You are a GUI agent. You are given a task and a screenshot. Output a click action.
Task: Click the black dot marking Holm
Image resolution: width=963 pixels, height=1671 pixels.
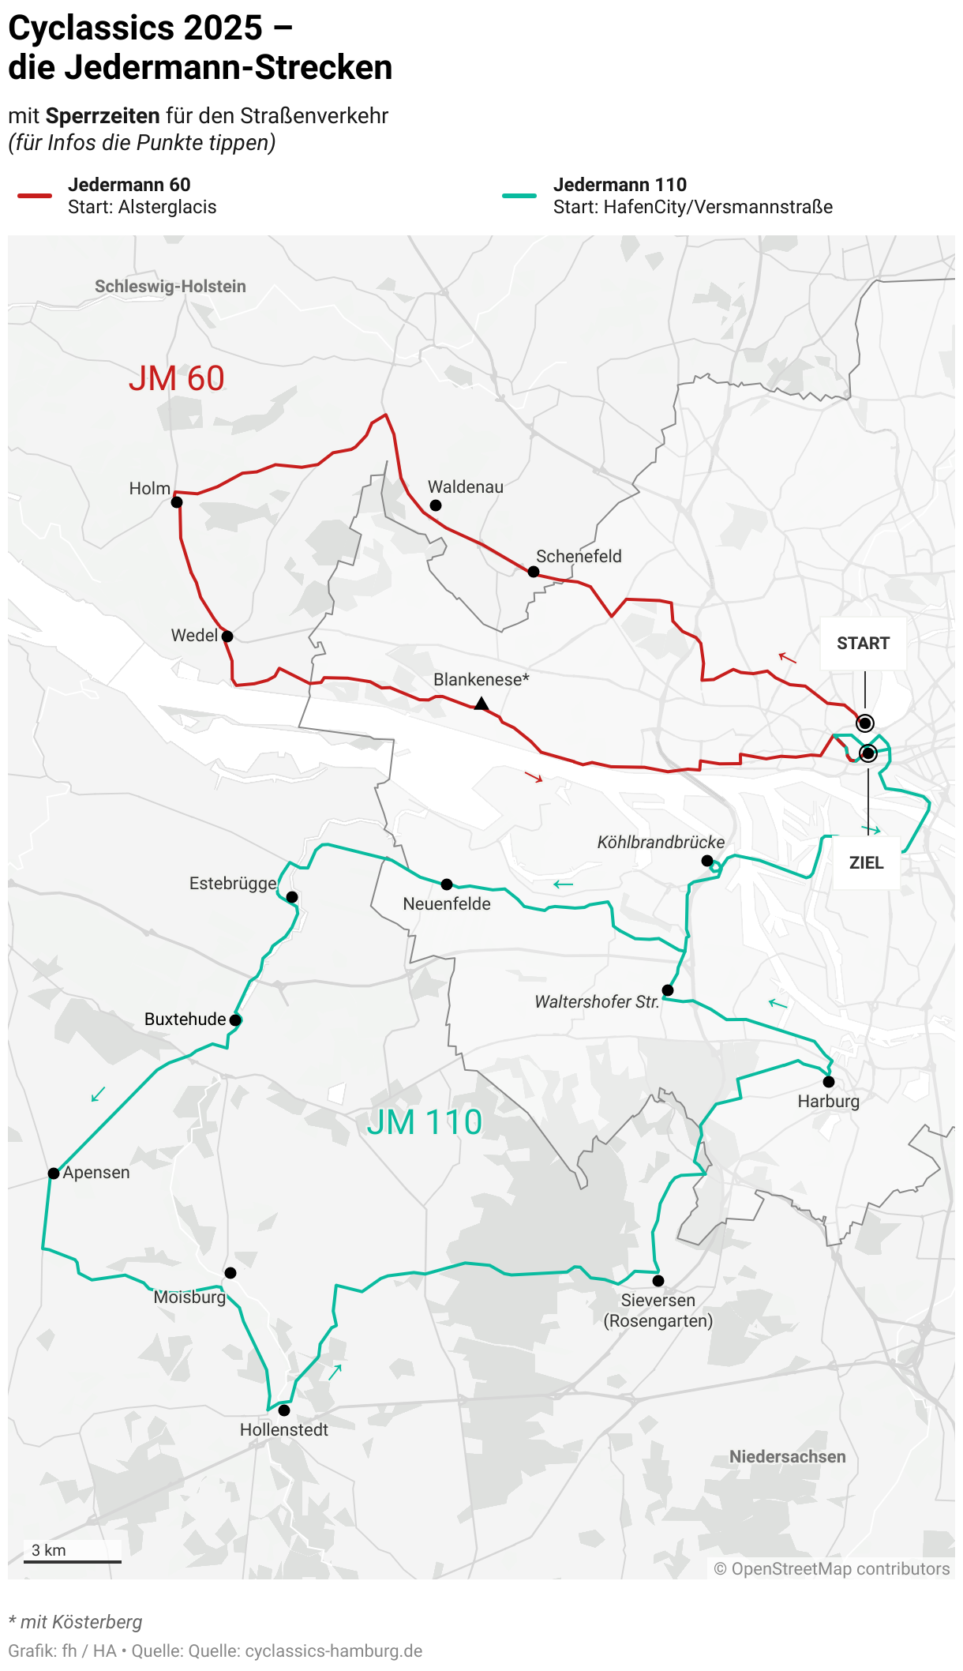177,502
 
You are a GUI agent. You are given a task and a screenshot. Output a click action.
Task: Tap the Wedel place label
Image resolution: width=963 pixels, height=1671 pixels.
194,636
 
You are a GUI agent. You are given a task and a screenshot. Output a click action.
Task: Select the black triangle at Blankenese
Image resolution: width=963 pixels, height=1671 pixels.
481,703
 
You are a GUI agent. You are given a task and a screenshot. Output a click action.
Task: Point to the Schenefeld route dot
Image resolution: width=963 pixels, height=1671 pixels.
534,572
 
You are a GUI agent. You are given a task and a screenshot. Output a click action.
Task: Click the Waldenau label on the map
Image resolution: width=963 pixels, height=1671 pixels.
466,487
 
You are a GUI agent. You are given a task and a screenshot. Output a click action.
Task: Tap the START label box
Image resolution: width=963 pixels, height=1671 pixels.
863,644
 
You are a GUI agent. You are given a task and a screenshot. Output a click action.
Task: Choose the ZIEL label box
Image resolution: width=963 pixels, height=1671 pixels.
866,862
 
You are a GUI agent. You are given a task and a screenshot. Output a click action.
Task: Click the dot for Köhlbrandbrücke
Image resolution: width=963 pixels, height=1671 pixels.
707,861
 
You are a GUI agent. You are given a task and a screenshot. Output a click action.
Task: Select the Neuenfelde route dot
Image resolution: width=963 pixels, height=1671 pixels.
447,884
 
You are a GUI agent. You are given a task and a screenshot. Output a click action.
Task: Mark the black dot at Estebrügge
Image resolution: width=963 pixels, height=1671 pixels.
292,897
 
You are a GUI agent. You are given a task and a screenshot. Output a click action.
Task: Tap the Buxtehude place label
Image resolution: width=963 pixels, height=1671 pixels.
185,1019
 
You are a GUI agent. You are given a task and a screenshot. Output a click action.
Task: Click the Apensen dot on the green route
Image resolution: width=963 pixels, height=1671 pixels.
54,1173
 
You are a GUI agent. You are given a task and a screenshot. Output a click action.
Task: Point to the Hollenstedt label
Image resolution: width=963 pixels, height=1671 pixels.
284,1430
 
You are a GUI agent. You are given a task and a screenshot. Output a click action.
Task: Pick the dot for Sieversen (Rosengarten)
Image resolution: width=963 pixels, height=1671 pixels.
658,1281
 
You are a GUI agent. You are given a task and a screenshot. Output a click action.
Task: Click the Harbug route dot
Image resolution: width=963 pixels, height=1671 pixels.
829,1082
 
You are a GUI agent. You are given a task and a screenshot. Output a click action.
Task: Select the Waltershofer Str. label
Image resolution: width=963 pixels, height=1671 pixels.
597,1002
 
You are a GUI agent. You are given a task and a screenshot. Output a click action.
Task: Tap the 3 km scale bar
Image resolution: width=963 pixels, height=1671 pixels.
73,1561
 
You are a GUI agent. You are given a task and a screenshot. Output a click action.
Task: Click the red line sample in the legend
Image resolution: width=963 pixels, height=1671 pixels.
35,196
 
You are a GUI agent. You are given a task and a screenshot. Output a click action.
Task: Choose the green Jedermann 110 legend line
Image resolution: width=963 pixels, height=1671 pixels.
519,196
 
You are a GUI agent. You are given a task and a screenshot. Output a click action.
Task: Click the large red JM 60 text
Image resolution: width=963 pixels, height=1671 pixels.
177,379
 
